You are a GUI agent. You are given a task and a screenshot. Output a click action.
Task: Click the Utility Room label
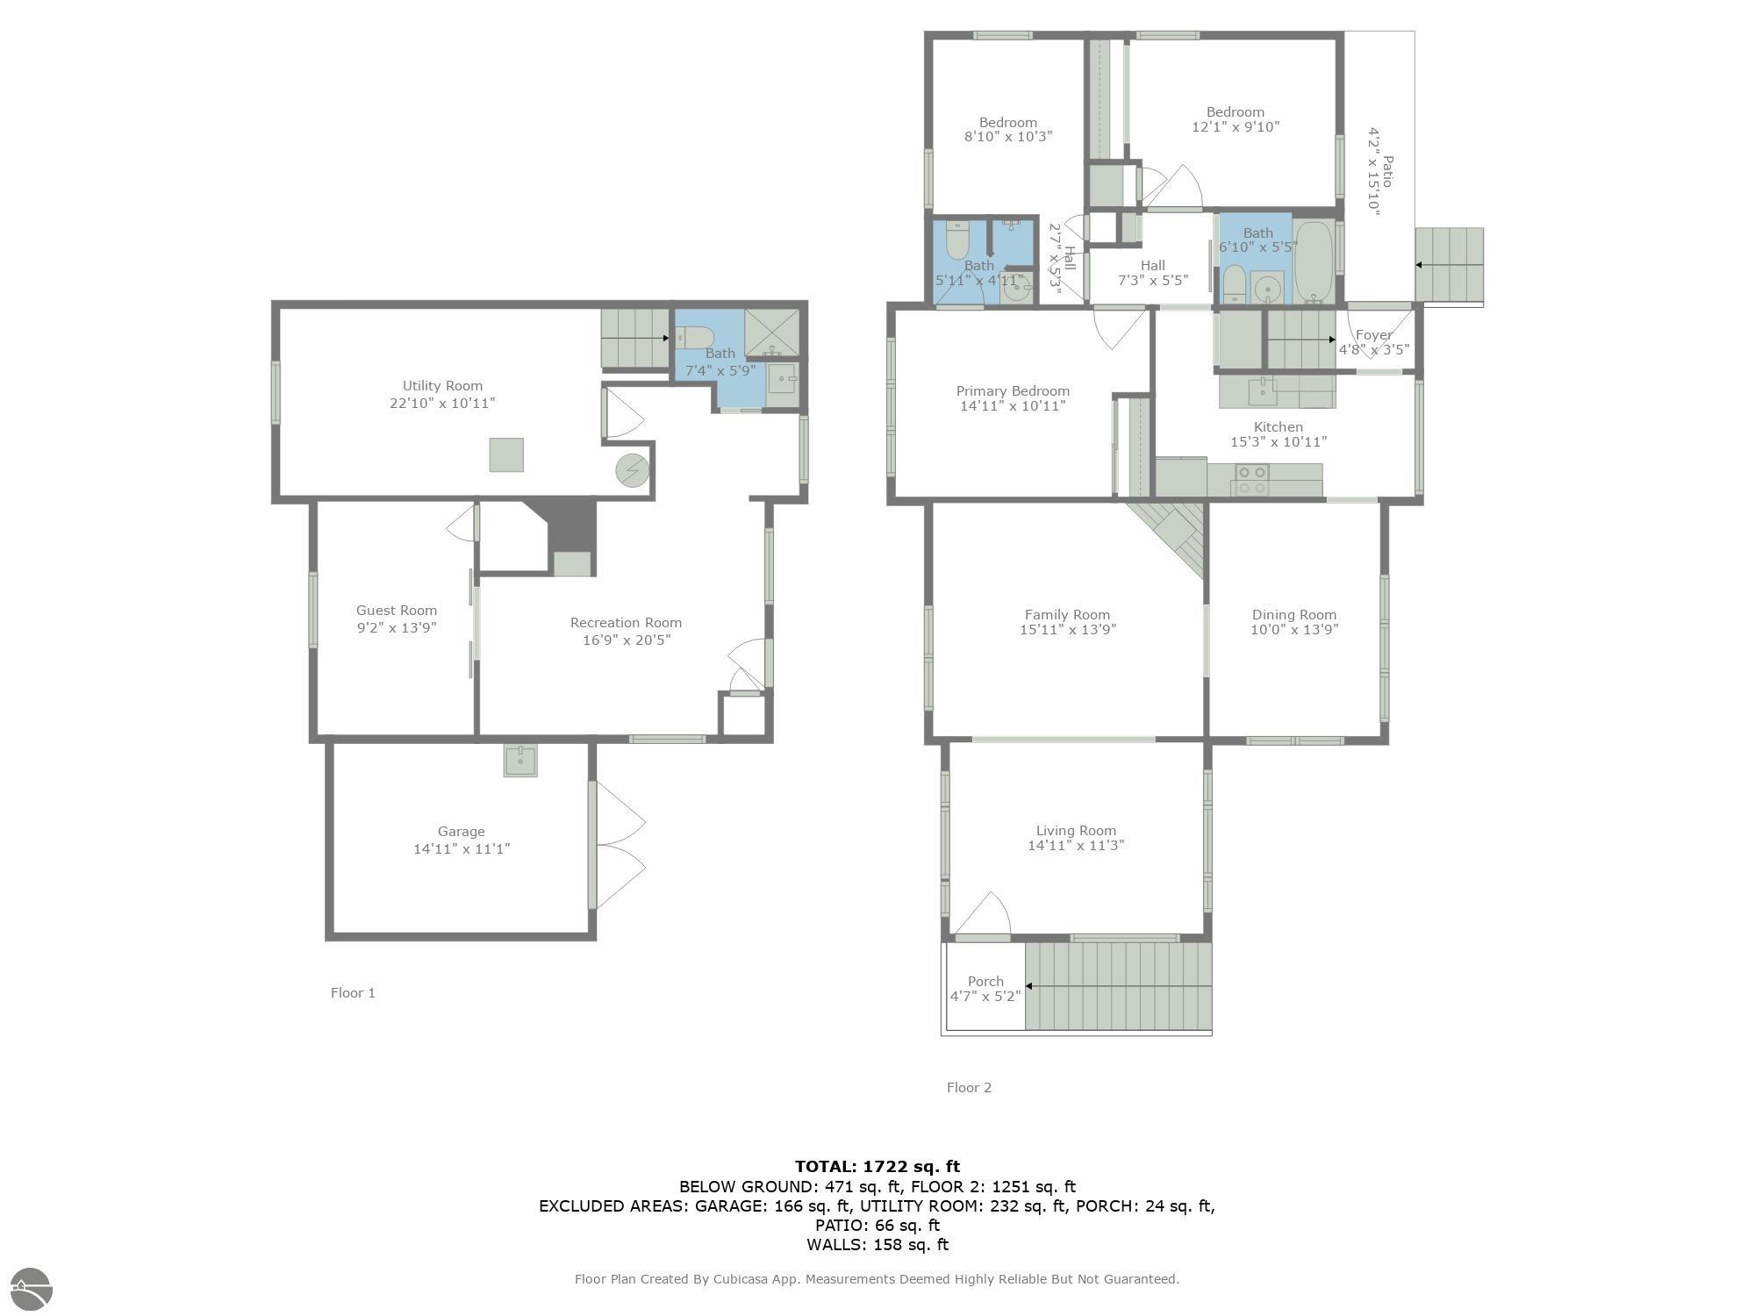pos(442,386)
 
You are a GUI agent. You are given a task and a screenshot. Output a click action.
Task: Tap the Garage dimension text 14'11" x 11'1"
pos(462,848)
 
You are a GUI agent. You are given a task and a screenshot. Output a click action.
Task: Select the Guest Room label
pos(397,611)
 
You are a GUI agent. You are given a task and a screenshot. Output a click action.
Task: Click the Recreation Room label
pos(626,623)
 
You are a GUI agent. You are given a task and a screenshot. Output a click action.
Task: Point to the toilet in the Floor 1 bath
pos(695,337)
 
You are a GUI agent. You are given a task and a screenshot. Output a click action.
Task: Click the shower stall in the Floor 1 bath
pos(772,333)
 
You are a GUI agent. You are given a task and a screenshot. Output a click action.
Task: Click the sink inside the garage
pos(520,761)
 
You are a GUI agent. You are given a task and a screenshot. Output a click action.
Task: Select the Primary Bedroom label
pos(1013,391)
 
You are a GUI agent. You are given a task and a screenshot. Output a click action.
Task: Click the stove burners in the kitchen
pos(1251,479)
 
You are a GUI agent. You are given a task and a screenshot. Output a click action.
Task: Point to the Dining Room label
pos(1294,615)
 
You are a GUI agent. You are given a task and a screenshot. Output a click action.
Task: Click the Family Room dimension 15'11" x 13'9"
pos(1068,629)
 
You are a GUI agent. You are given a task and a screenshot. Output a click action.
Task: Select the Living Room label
pos(1076,831)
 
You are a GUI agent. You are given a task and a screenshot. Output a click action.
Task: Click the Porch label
pos(985,982)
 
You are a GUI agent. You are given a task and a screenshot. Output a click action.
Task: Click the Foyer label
pos(1373,335)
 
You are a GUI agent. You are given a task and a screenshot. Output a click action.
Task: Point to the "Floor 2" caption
pos(969,1088)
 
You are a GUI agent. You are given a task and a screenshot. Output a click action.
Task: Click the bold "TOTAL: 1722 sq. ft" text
pos(877,1167)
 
